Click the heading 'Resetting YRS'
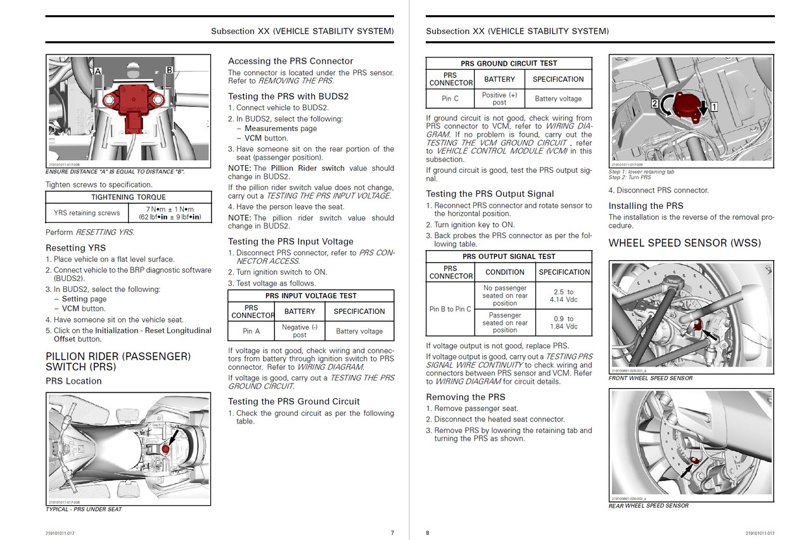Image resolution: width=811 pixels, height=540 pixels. pyautogui.click(x=75, y=248)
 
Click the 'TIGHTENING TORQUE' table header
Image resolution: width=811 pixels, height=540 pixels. pyautogui.click(x=127, y=197)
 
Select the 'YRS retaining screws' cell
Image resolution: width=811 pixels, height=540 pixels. pyautogui.click(x=87, y=213)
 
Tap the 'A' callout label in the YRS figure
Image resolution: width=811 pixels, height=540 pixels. pyautogui.click(x=98, y=72)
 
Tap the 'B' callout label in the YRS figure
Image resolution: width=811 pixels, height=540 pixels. pyautogui.click(x=169, y=70)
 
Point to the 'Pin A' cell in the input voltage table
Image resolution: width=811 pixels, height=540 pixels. pyautogui.click(x=252, y=330)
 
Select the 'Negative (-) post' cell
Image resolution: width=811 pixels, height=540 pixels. pyautogui.click(x=300, y=330)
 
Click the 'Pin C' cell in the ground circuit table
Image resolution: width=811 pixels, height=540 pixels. pyautogui.click(x=450, y=99)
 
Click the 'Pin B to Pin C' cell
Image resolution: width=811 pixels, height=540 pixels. pyautogui.click(x=450, y=309)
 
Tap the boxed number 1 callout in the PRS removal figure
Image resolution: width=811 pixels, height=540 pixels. pyautogui.click(x=713, y=108)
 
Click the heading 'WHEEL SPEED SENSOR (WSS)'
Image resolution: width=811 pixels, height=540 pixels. pyautogui.click(x=684, y=243)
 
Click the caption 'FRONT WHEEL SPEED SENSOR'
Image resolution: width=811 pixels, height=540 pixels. pyautogui.click(x=650, y=378)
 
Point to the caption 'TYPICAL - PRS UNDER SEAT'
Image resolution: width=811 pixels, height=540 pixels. pyautogui.click(x=84, y=509)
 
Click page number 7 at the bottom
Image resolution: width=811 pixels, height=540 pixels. pyautogui.click(x=392, y=532)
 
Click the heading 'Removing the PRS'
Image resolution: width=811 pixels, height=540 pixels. pyautogui.click(x=465, y=397)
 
